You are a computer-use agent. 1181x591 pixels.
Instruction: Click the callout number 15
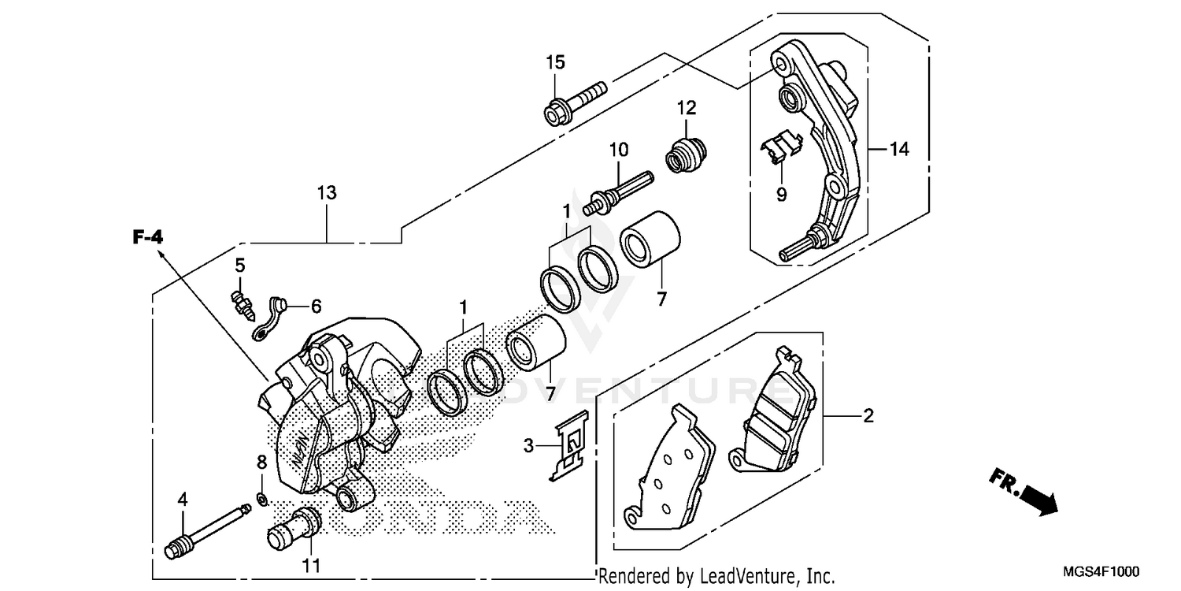point(556,61)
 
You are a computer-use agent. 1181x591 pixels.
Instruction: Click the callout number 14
point(899,148)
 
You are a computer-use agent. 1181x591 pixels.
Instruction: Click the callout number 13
point(326,192)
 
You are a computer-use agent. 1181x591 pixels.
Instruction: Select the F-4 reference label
point(146,236)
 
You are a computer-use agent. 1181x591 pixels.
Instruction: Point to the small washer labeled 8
point(262,497)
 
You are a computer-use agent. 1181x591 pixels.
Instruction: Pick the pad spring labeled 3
point(570,448)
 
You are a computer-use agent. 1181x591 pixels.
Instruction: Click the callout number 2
point(868,415)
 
